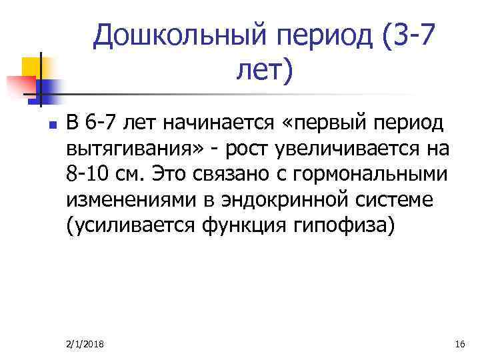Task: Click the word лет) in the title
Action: pos(264,69)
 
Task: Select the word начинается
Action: pos(211,123)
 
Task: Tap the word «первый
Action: pos(319,123)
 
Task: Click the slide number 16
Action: pos(458,343)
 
